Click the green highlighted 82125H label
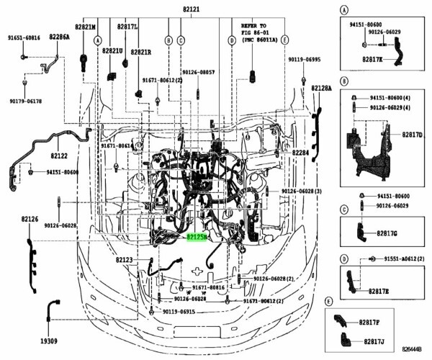(197, 236)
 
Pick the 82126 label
(30, 218)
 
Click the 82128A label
(321, 88)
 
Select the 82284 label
(301, 153)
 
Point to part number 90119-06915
(179, 311)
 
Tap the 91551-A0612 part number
(403, 258)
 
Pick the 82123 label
(124, 258)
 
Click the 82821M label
(86, 26)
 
